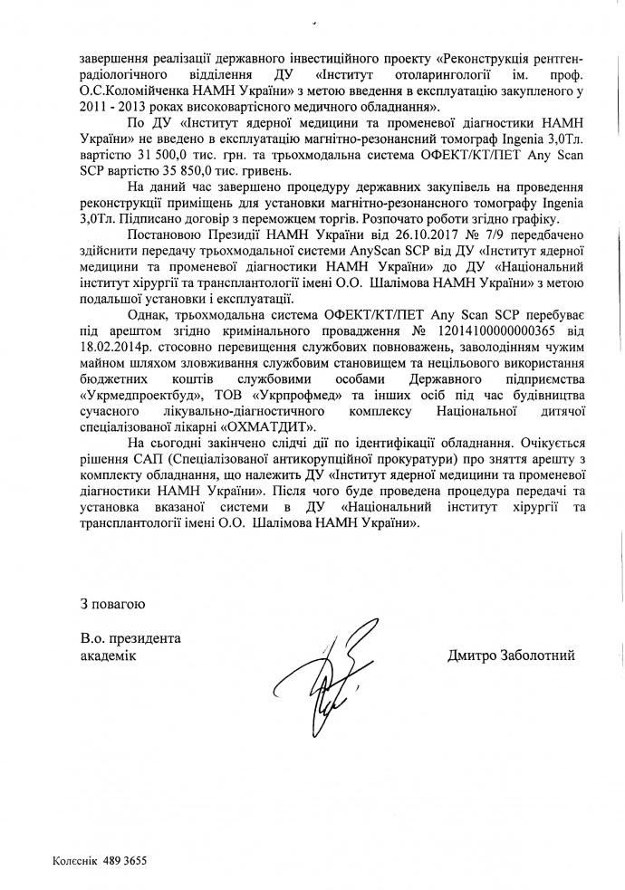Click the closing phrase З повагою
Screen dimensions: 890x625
point(111,602)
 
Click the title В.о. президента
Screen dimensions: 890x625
point(130,638)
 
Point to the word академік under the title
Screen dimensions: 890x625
point(108,656)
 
